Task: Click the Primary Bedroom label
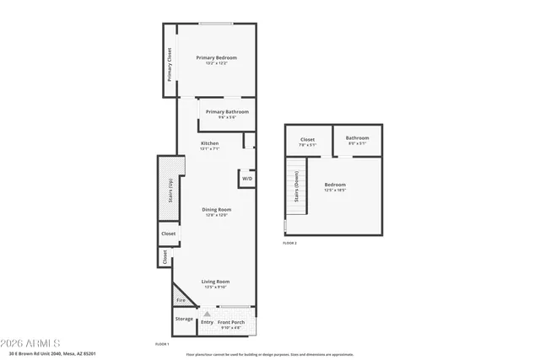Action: click(217, 57)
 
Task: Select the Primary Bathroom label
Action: click(227, 111)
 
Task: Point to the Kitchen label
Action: click(210, 144)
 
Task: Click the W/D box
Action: click(247, 179)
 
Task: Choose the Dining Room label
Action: click(217, 209)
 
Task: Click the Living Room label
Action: click(215, 282)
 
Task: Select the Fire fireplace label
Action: click(181, 299)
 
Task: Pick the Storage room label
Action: click(184, 320)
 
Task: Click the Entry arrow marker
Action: click(207, 313)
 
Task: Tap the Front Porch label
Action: click(232, 321)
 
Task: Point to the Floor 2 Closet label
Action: click(308, 139)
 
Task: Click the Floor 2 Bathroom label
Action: click(358, 138)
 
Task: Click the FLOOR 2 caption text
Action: click(290, 243)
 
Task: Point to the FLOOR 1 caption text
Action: click(162, 343)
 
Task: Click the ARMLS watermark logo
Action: click(30, 344)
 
